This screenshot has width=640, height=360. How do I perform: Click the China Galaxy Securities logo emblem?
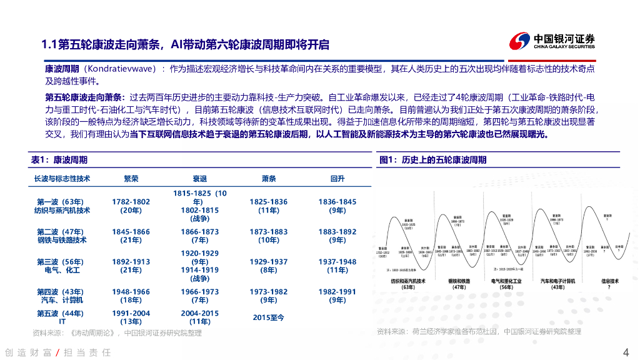520,41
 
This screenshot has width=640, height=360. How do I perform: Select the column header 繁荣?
131,179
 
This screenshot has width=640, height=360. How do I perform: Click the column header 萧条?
269,179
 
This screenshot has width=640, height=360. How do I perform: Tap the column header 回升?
337,179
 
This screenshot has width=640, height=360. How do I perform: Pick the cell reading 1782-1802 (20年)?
131,206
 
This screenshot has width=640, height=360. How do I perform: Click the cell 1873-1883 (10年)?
269,236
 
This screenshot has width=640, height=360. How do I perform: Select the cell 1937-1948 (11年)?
337,266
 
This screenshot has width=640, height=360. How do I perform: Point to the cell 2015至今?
269,317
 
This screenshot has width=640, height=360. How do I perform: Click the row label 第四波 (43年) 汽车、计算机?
62,296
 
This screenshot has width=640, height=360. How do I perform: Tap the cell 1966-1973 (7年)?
200,296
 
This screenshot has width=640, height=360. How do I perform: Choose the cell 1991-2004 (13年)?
131,317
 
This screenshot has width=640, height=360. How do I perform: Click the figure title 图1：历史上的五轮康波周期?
432,160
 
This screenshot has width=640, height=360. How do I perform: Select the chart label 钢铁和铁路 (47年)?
459,284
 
